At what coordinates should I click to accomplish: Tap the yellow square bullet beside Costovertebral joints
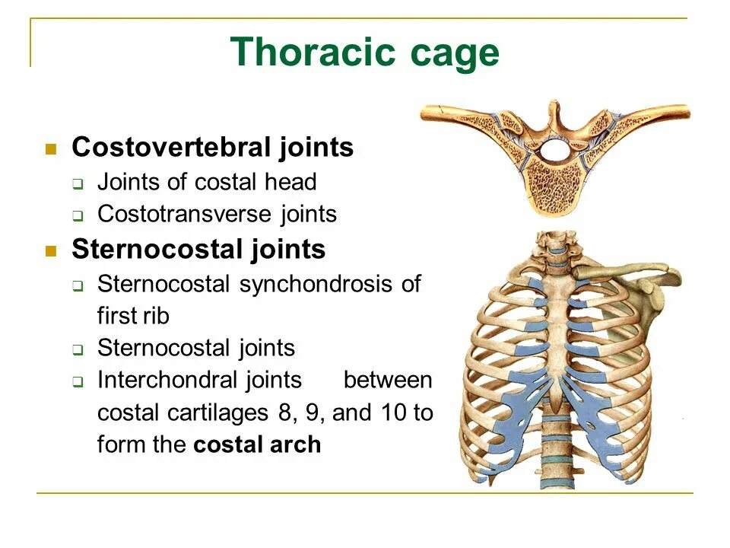tap(52, 148)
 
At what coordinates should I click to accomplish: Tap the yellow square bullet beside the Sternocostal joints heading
tap(52, 250)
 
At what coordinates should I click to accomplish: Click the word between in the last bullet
tap(387, 380)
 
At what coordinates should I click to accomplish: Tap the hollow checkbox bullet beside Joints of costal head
tap(78, 183)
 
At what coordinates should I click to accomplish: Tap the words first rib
tap(133, 316)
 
